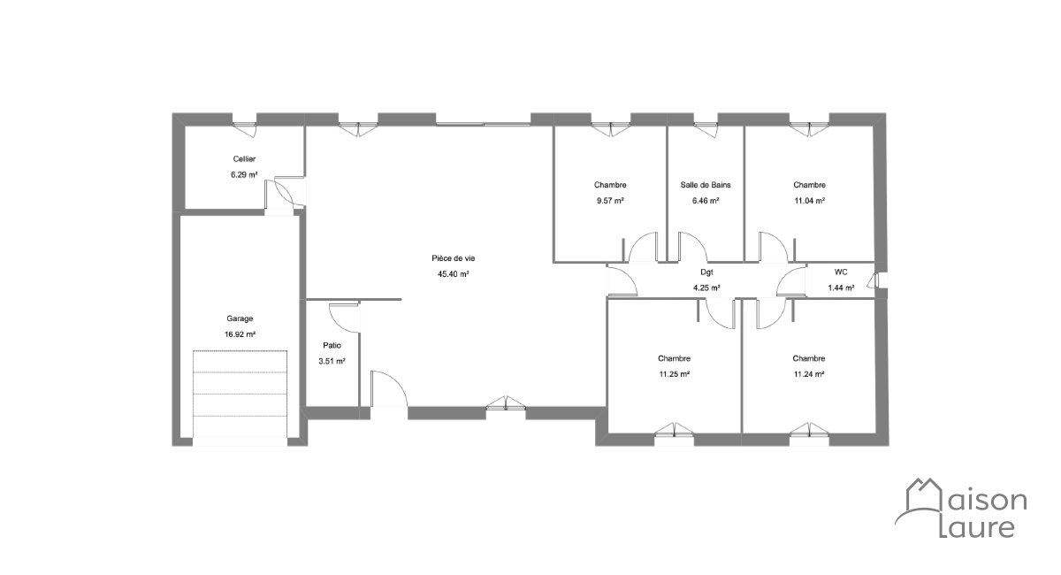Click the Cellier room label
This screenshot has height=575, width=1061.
[x=244, y=159]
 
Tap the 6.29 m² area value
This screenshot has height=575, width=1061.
[x=244, y=174]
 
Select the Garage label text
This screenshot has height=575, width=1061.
[x=240, y=319]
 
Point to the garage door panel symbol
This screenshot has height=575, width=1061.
[x=240, y=394]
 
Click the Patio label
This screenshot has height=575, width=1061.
[x=332, y=346]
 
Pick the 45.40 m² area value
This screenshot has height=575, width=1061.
[x=454, y=274]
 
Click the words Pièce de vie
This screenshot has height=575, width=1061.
[x=454, y=258]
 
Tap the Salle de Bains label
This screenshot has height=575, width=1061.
[x=706, y=185]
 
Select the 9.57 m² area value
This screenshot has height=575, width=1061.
[x=611, y=201]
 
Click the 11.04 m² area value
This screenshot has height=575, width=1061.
[x=810, y=201]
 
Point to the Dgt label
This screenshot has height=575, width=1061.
[x=706, y=272]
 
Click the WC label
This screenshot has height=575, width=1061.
[x=841, y=272]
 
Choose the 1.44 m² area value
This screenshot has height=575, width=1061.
[x=841, y=287]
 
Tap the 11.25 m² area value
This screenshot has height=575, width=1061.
[x=675, y=374]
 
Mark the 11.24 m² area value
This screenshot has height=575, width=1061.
[x=810, y=374]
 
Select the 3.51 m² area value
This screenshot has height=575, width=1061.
[x=332, y=361]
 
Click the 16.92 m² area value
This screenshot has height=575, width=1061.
[x=240, y=334]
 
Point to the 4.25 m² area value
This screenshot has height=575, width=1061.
[x=706, y=287]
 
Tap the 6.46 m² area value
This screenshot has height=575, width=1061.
[x=706, y=201]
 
